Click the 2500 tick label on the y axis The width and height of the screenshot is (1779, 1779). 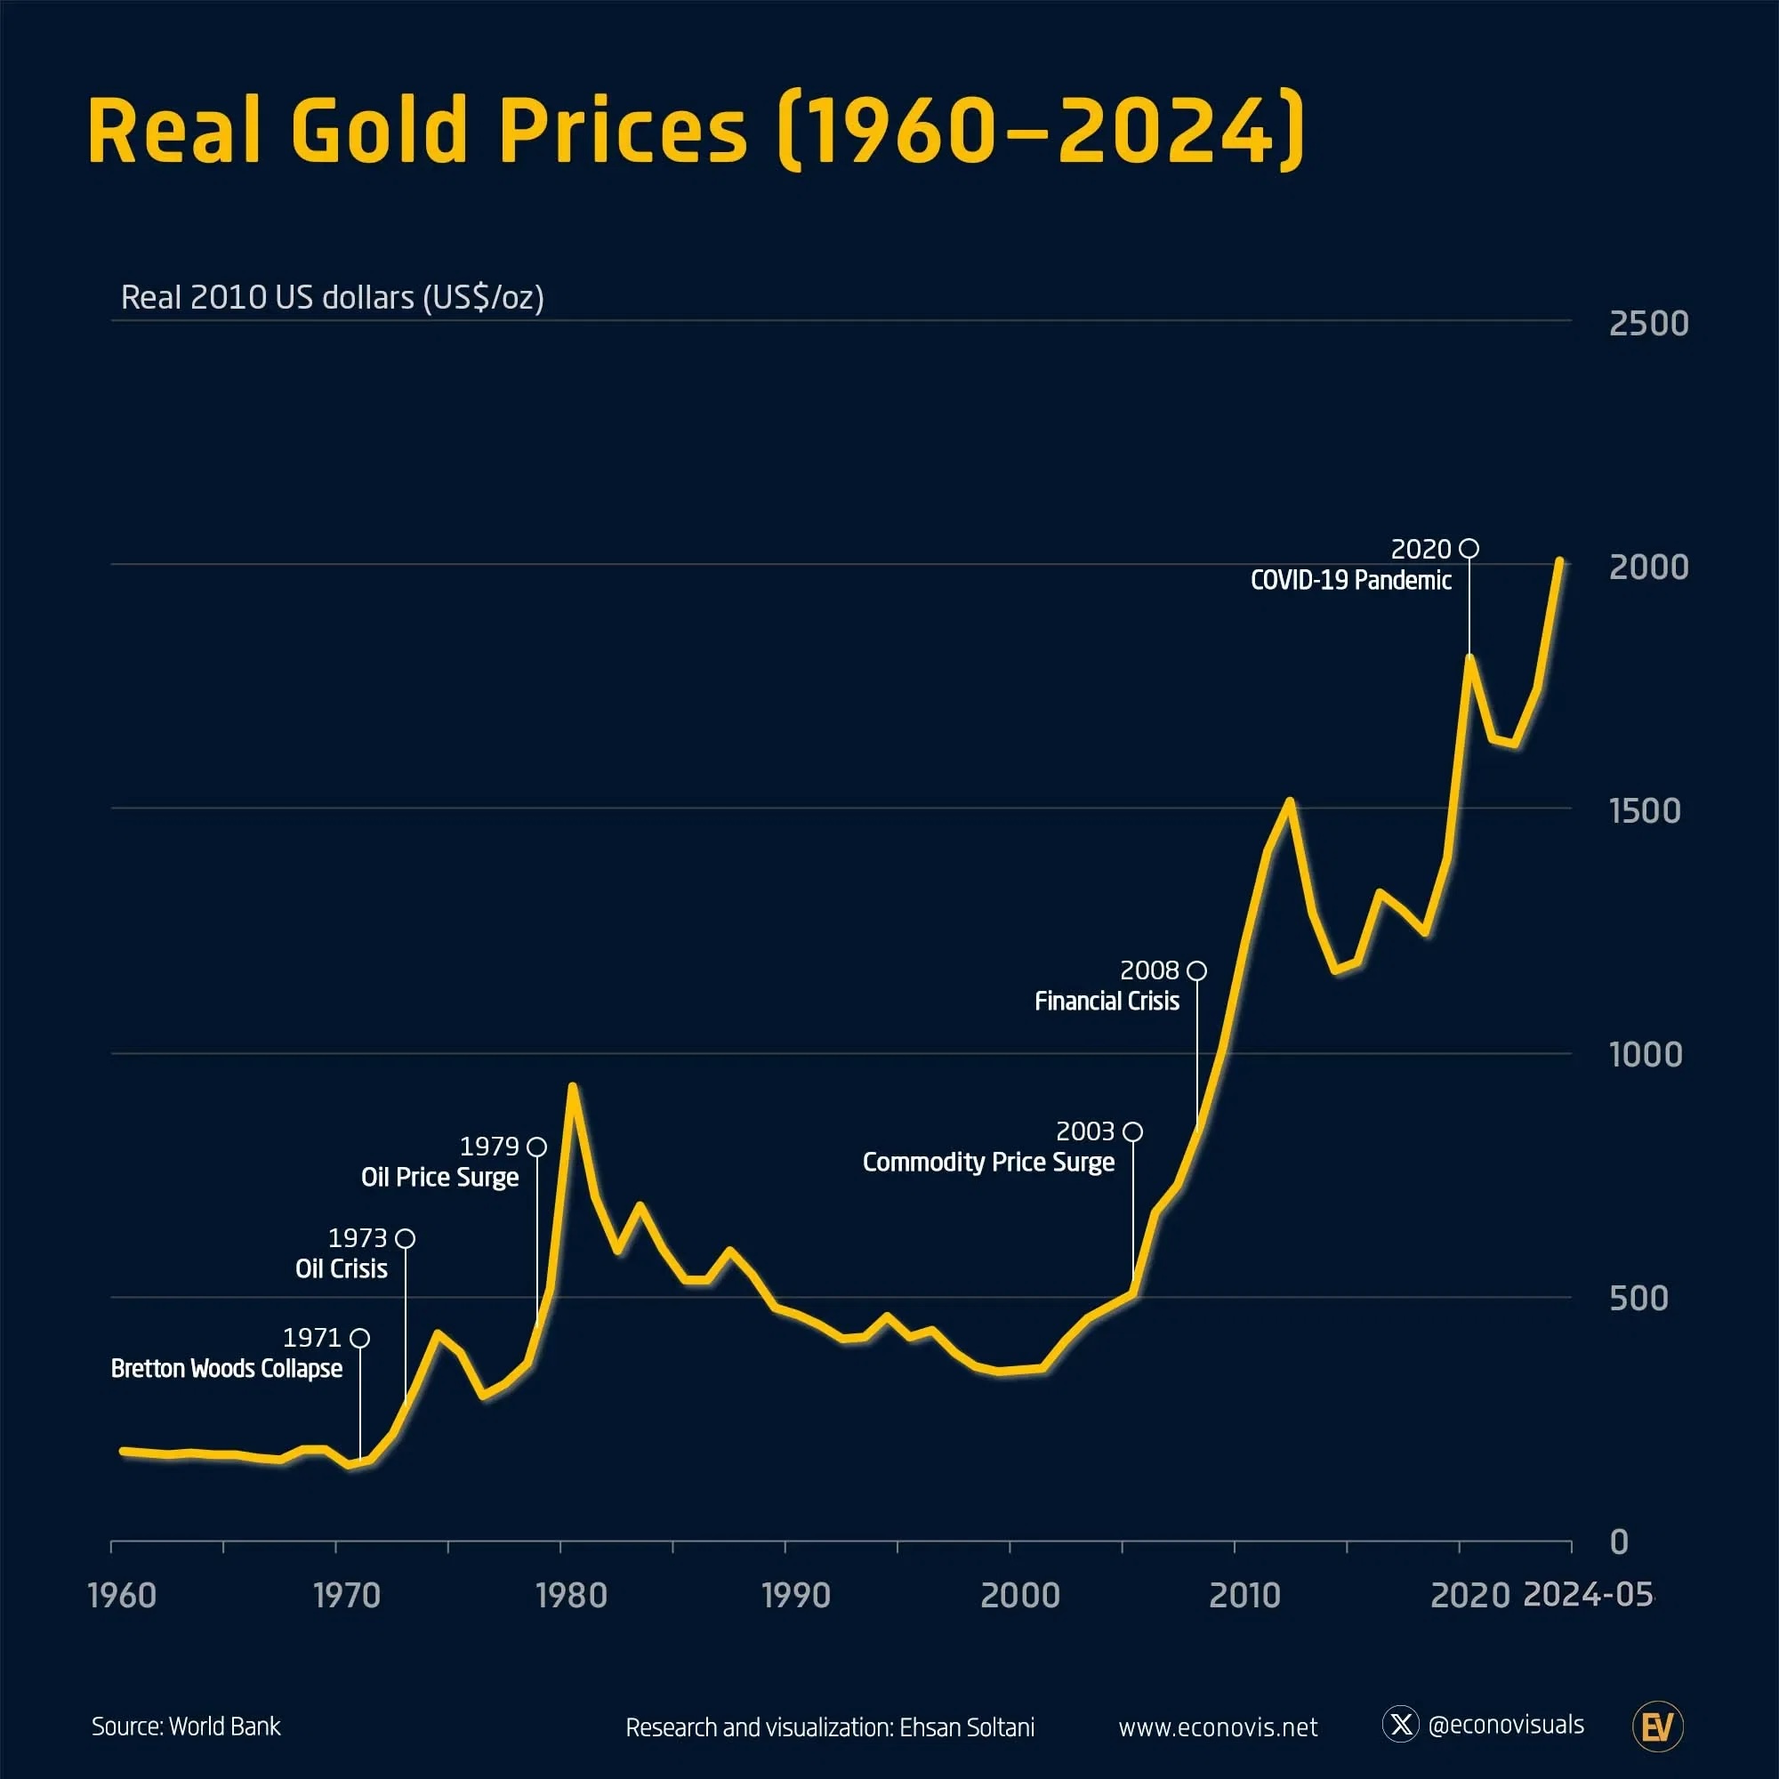(1648, 323)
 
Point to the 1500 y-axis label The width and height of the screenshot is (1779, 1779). (1645, 810)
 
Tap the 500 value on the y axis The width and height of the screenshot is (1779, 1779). (1638, 1298)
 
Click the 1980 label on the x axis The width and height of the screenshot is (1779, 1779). (571, 1595)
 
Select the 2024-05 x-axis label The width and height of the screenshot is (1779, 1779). (1587, 1594)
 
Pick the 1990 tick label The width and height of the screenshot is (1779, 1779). (795, 1595)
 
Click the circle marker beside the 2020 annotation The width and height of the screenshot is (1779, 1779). (1469, 548)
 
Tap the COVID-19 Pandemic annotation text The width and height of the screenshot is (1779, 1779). (1350, 580)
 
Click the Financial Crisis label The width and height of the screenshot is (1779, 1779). (1106, 1001)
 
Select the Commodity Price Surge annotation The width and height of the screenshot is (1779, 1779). (988, 1162)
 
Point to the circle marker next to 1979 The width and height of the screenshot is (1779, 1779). (537, 1147)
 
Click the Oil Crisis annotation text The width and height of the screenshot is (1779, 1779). (341, 1269)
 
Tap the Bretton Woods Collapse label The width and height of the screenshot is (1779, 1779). (227, 1368)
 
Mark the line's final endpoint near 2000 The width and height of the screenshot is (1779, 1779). (1559, 559)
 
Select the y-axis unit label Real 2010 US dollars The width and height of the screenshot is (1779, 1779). (332, 297)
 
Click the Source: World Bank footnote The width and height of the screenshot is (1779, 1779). (186, 1727)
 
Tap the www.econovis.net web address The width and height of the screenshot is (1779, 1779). (1218, 1727)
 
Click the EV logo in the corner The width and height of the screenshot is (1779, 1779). (1657, 1727)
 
